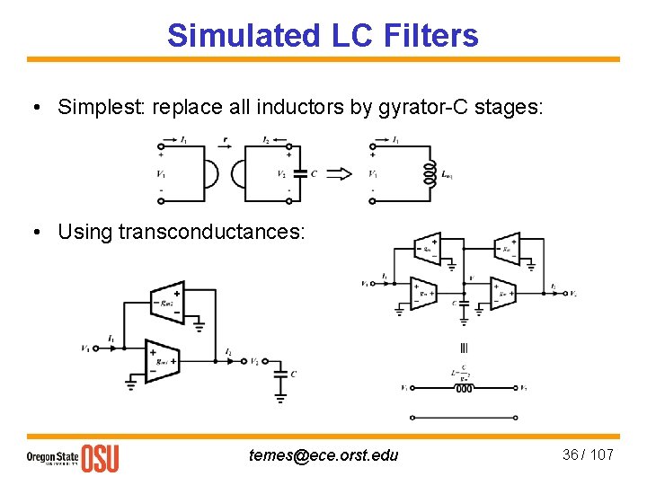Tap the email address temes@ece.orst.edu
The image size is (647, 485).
[323, 454]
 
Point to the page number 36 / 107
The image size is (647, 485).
[588, 454]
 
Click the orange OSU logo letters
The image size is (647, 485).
[100, 458]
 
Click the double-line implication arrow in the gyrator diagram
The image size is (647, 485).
[339, 173]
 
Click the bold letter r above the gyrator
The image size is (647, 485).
[225, 140]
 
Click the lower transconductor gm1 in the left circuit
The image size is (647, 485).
[163, 360]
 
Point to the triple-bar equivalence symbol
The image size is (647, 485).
[463, 348]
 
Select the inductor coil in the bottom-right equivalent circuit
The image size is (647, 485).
[463, 389]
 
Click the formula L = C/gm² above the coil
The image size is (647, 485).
[462, 373]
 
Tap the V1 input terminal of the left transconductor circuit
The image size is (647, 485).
[85, 348]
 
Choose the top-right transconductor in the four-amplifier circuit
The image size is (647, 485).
[506, 247]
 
